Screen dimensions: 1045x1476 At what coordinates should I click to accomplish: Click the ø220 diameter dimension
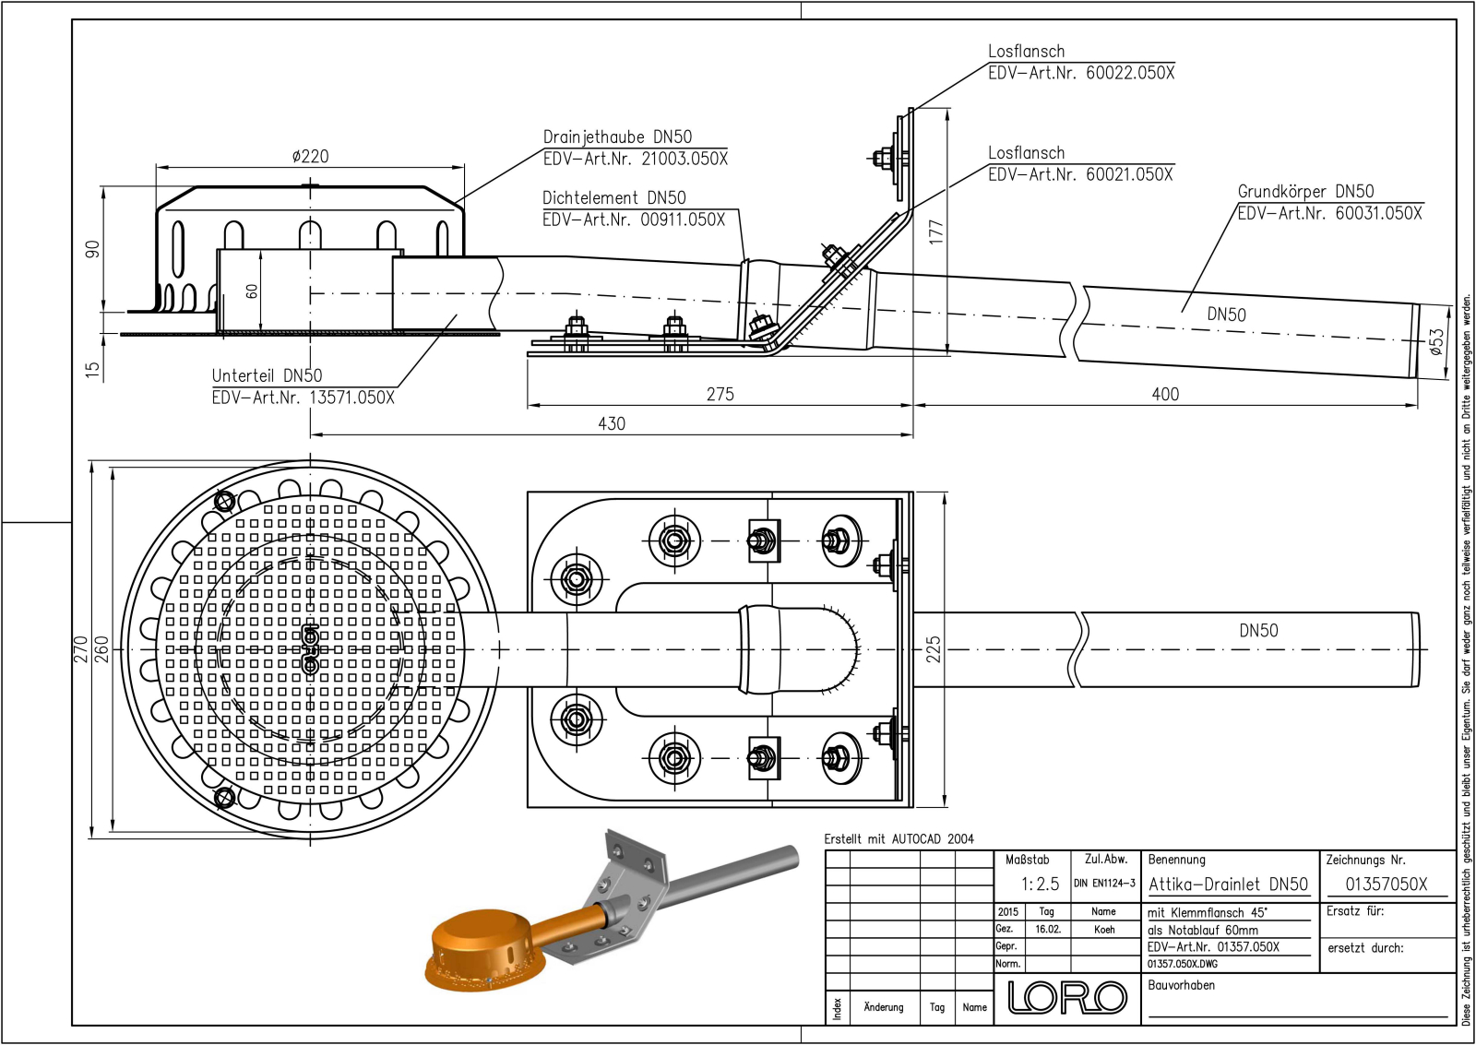[310, 157]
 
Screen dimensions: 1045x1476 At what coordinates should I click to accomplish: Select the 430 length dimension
[611, 423]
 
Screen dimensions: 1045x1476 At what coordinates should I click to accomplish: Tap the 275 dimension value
[720, 394]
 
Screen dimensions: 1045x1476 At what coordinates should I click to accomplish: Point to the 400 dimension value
[1165, 394]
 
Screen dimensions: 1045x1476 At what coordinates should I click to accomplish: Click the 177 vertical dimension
[936, 231]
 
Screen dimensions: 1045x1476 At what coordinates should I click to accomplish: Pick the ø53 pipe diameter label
[1436, 341]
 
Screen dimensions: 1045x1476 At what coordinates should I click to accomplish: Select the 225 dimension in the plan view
[934, 648]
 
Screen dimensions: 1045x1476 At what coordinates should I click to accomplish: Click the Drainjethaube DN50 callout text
[617, 137]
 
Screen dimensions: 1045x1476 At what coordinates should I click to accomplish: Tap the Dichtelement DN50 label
[613, 197]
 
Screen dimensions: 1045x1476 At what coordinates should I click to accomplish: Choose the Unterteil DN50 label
[267, 375]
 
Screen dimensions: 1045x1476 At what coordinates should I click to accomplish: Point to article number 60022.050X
[1129, 73]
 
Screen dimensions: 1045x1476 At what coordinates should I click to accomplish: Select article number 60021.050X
[1128, 174]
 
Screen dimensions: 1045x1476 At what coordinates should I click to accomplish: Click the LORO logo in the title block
[1067, 997]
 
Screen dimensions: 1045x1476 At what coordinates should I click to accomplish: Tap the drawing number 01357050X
[1386, 884]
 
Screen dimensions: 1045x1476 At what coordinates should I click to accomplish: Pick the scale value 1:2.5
[1040, 884]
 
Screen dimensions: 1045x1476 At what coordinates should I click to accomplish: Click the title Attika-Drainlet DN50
[1228, 884]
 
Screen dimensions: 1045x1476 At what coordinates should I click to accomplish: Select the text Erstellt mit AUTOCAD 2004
[899, 838]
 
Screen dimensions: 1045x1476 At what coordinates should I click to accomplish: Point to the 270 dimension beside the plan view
[80, 648]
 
